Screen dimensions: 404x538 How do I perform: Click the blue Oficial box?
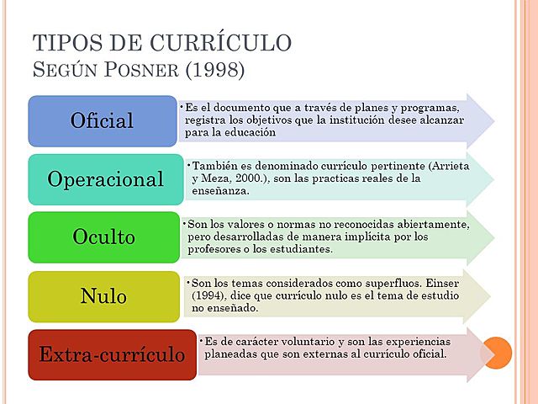103,120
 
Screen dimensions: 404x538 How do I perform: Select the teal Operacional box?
105,179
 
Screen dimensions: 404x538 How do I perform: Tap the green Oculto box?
103,237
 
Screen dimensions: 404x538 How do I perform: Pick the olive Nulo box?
103,296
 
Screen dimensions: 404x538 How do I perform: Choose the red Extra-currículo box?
112,354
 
